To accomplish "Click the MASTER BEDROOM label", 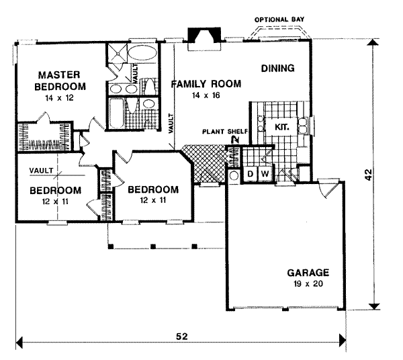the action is pos(60,81).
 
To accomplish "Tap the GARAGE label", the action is pos(308,273).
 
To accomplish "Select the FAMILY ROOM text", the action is pos(206,84).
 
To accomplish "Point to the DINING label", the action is pos(278,69).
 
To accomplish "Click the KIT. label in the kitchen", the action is pos(282,127).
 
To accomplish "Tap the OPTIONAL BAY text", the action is pos(279,19).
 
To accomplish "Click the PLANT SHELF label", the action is pos(225,132).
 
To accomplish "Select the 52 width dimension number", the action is pos(182,336).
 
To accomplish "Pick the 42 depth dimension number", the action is pos(369,175).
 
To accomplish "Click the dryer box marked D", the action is pos(250,174).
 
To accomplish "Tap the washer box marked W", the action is pos(265,174).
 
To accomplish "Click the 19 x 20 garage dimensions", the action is pos(308,284).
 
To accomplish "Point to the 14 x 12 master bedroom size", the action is pos(60,98).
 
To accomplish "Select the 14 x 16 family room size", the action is pos(206,95).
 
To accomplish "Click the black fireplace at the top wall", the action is pos(204,35).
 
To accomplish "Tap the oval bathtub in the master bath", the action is pos(142,53).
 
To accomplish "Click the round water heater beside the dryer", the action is pos(234,176).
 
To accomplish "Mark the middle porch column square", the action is pos(153,246).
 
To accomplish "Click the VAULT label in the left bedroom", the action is pos(41,171).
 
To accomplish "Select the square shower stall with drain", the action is pos(117,53).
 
